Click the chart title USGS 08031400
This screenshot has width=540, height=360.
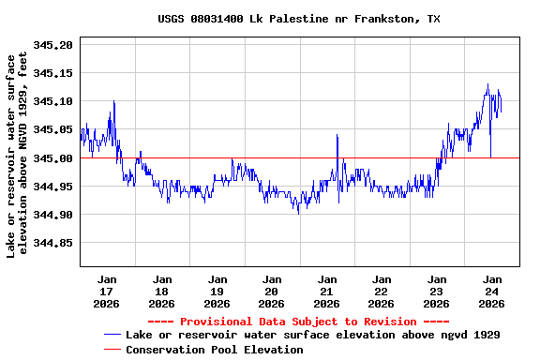coord(298,19)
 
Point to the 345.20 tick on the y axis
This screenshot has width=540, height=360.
coord(52,44)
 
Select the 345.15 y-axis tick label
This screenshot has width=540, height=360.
coord(52,72)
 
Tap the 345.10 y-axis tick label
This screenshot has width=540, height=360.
coord(52,101)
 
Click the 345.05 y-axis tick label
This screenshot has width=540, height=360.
coord(52,129)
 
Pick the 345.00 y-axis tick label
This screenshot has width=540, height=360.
coord(52,157)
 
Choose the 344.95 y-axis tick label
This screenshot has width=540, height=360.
coord(52,187)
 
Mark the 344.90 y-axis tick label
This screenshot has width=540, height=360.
coord(52,215)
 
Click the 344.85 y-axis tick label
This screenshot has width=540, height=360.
coord(52,243)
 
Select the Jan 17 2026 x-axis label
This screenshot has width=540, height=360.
coord(107,291)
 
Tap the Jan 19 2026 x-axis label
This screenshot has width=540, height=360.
coord(217,291)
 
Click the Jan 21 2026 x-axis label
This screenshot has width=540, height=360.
coord(326,291)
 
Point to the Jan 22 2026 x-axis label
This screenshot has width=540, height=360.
coord(382,291)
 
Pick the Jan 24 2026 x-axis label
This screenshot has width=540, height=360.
coord(491,291)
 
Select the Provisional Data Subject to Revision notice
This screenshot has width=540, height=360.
coord(298,322)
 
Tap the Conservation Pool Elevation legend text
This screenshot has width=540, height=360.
coord(215,350)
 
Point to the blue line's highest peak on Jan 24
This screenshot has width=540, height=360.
coord(487,85)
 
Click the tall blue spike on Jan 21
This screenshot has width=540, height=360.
coord(337,136)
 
